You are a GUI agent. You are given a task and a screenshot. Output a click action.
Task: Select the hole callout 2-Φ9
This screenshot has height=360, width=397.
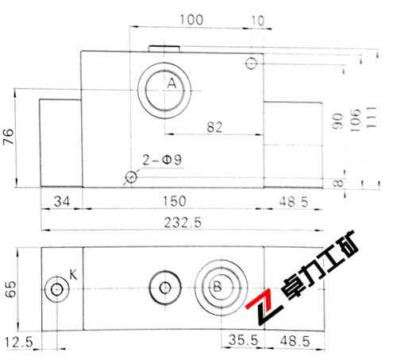(163, 161)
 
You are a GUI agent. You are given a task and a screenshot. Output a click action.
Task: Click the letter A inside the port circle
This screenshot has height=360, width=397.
(171, 82)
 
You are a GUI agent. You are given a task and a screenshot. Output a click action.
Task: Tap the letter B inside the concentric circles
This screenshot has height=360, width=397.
(215, 287)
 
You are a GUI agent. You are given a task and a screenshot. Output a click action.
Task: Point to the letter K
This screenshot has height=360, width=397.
(73, 275)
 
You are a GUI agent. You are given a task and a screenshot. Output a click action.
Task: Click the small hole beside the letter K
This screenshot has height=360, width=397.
(56, 289)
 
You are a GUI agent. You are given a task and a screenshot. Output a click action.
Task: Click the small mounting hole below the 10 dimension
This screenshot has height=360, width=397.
(252, 63)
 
